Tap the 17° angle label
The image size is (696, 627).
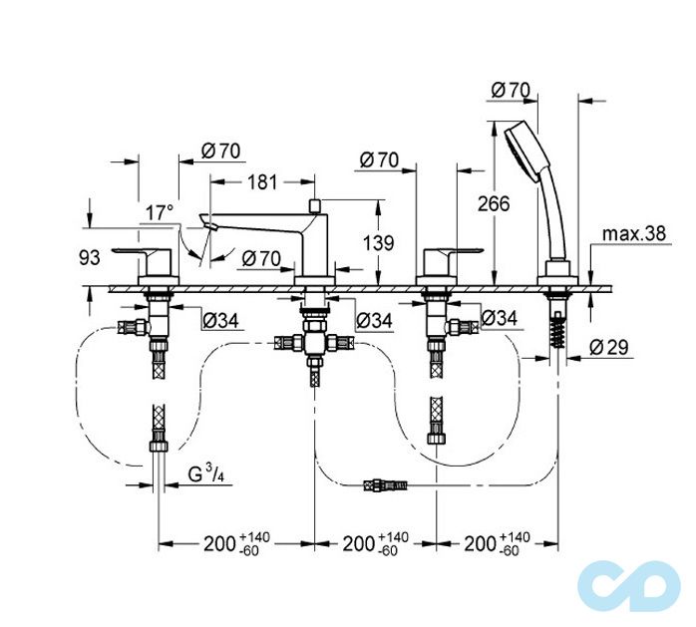pyautogui.click(x=160, y=212)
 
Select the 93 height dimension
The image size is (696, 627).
pyautogui.click(x=90, y=257)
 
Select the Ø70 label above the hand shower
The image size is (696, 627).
pyautogui.click(x=510, y=90)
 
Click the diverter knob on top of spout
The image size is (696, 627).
pyautogui.click(x=314, y=204)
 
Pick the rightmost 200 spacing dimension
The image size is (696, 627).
pyautogui.click(x=495, y=544)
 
